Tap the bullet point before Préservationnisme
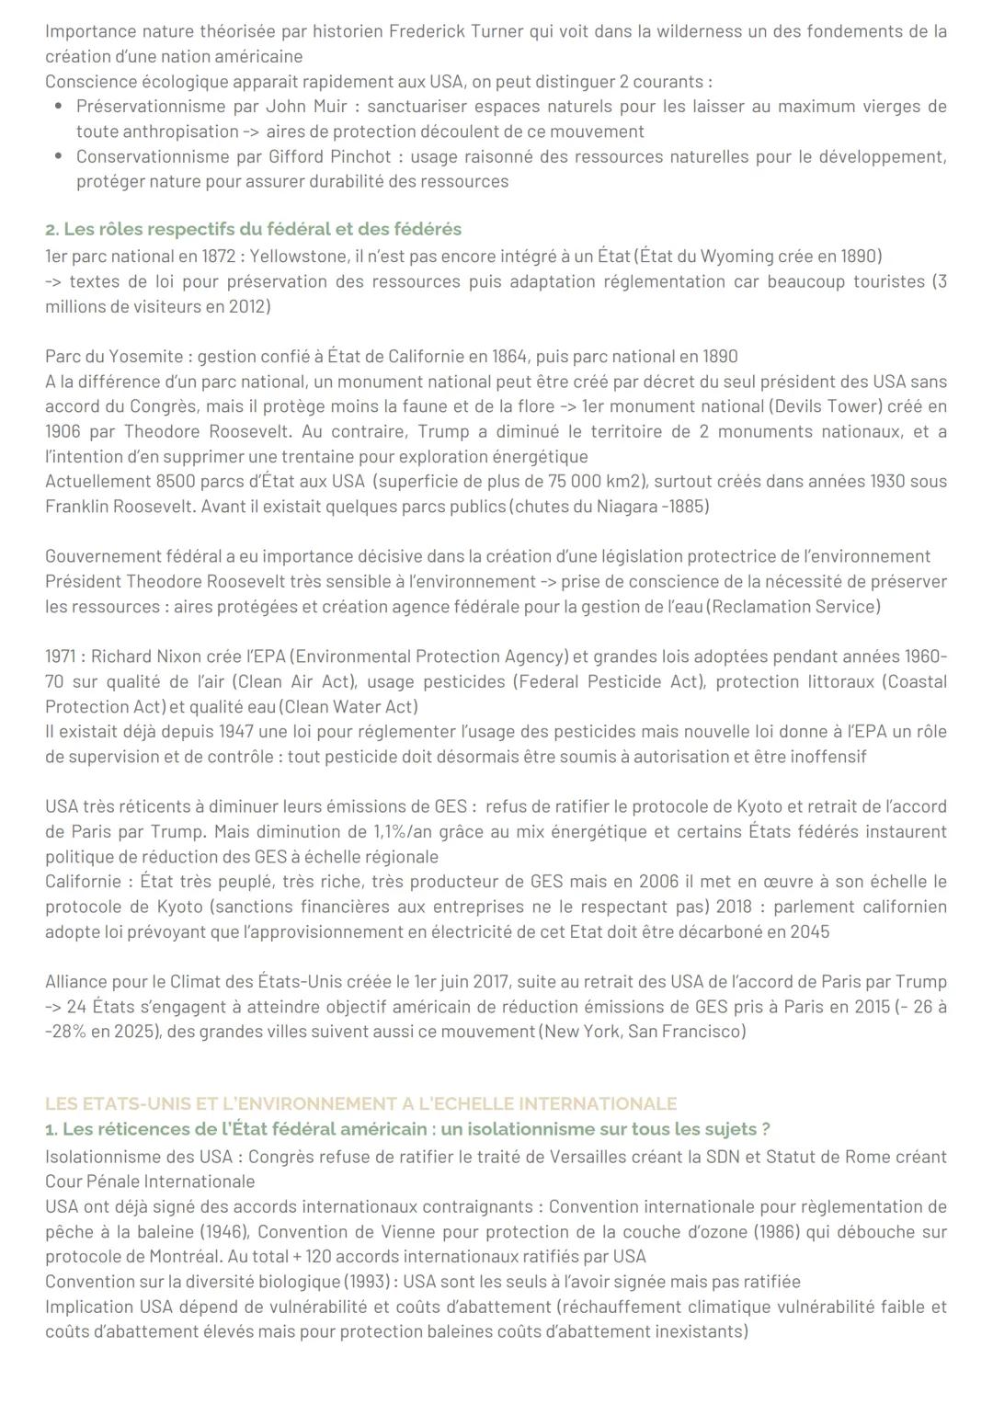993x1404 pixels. [58, 107]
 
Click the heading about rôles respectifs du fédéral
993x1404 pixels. [253, 229]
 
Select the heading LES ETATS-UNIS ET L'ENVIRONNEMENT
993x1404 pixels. [360, 1103]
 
